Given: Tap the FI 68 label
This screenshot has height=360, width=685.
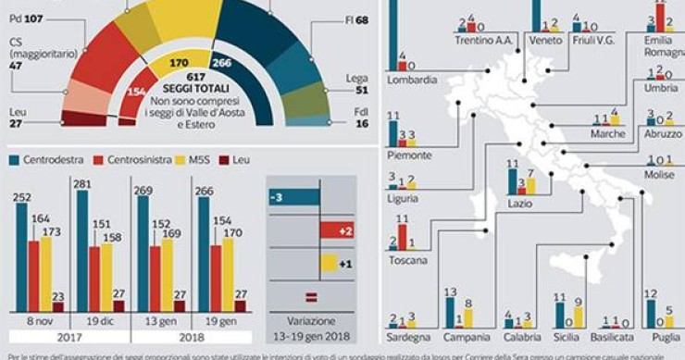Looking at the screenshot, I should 355,19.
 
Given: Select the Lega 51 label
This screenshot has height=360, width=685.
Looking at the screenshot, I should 355,85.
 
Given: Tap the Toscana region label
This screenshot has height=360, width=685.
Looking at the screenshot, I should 408,261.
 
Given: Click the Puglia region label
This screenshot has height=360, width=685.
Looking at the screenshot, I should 665,338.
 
